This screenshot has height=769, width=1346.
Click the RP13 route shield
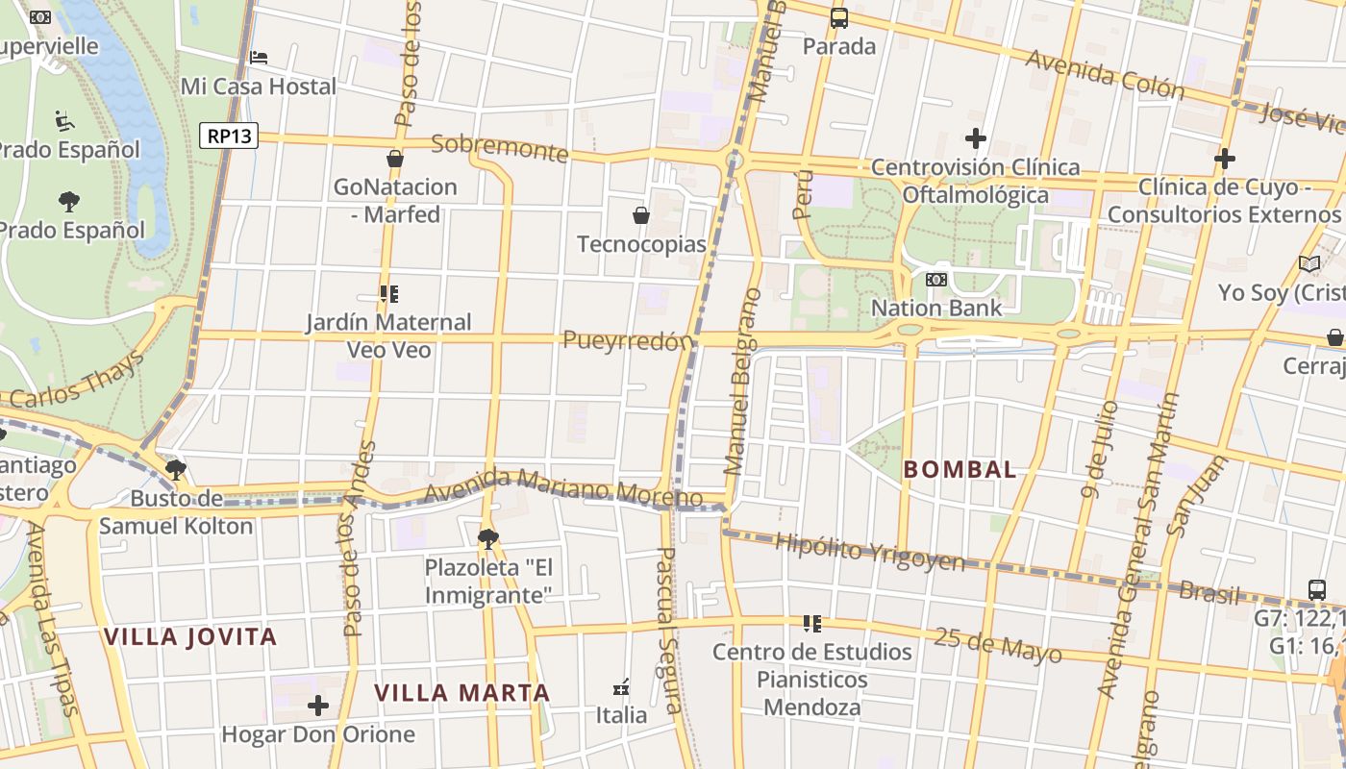pos(230,136)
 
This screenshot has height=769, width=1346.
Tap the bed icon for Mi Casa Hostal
pos(259,58)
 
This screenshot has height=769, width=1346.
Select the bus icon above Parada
pos(839,17)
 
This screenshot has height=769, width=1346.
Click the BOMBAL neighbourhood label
pos(960,469)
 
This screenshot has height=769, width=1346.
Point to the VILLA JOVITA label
pos(190,636)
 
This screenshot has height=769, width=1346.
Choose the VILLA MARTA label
pos(461,692)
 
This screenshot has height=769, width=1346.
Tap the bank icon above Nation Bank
pos(935,280)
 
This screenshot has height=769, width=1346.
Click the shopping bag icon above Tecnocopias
pos(641,215)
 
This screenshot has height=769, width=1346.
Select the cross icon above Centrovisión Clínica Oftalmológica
pos(976,138)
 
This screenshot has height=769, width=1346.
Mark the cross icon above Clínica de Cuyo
pos(1225,158)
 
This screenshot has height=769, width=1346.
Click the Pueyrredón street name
pos(628,340)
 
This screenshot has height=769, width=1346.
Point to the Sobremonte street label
pos(500,147)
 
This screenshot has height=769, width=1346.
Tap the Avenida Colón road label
pos(1106,74)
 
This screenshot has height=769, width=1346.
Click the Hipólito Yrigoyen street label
pos(869,553)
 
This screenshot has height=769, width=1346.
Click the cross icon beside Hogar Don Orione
pos(318,707)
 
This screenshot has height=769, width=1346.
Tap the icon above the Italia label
pos(621,687)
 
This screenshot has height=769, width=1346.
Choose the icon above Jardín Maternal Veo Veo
pos(388,294)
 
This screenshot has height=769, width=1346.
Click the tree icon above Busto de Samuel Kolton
pos(175,470)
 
